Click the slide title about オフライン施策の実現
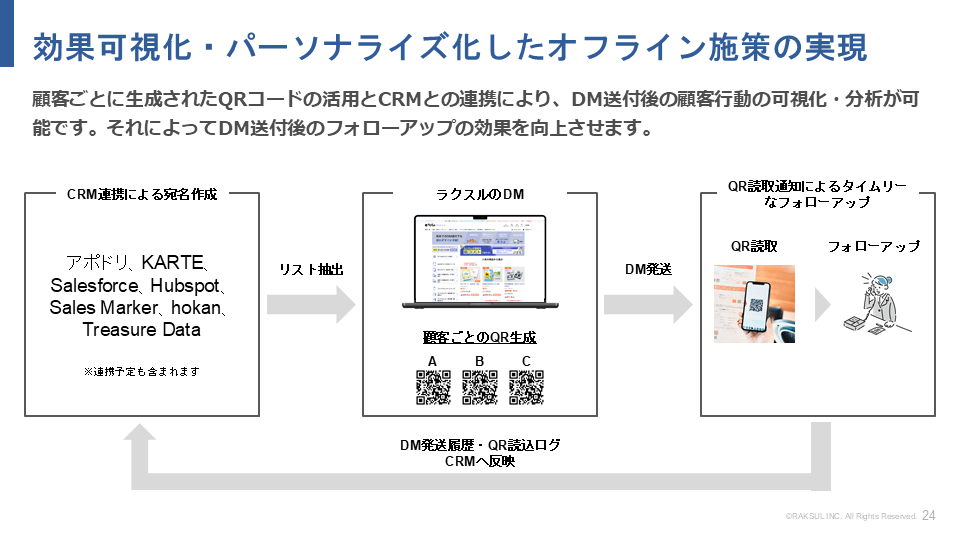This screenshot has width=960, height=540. click(x=450, y=46)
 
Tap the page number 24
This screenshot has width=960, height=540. click(x=929, y=516)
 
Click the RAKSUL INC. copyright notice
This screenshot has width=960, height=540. click(x=850, y=517)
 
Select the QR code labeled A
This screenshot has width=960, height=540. click(x=432, y=387)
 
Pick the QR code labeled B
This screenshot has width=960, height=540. click(x=480, y=387)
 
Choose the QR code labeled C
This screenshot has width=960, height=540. click(x=527, y=387)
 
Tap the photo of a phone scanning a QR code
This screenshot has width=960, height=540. click(x=754, y=303)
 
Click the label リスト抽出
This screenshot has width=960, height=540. click(x=311, y=269)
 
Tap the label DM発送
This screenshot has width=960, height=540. click(x=648, y=269)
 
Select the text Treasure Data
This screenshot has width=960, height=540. click(x=141, y=329)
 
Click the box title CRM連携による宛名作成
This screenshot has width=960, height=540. click(x=141, y=193)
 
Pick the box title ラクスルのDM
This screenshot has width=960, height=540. click(x=480, y=193)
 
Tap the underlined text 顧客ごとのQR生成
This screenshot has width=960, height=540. click(x=480, y=338)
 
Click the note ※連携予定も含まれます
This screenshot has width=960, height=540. click(x=141, y=371)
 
